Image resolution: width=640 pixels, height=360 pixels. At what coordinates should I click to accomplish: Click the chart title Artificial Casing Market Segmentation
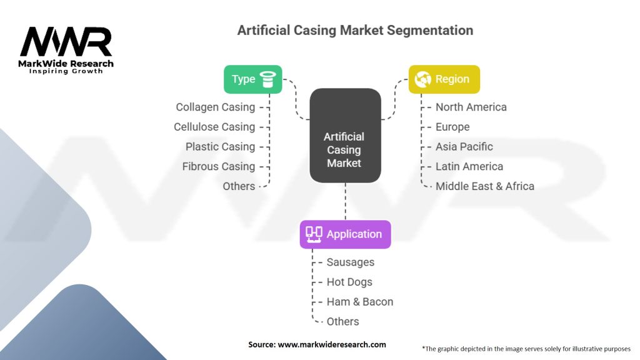[x=355, y=30]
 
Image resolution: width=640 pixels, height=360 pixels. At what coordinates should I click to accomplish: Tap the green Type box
[x=252, y=79]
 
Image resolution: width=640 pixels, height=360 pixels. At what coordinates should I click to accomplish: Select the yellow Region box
[x=444, y=79]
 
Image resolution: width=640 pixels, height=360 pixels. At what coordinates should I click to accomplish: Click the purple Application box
[x=345, y=234]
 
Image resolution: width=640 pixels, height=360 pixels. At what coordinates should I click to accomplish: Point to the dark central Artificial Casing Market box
[x=345, y=136]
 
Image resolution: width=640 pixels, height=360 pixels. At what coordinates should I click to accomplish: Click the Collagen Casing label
[x=215, y=107]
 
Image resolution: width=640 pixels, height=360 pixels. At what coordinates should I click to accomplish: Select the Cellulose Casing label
[x=214, y=127]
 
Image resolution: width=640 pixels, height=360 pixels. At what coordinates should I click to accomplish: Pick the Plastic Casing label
[x=220, y=147]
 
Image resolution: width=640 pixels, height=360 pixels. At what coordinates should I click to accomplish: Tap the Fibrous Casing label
[x=219, y=167]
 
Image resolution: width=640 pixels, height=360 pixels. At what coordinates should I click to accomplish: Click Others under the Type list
[x=239, y=186]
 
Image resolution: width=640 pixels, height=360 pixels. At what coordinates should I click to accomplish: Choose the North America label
[x=471, y=107]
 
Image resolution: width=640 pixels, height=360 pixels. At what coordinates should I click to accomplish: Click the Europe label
[x=452, y=127]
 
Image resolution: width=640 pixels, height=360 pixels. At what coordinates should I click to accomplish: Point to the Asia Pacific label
[x=464, y=147]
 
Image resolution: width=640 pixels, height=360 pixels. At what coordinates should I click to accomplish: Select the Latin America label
[x=469, y=167]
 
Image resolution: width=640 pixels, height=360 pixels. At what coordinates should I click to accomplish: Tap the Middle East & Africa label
[x=485, y=186]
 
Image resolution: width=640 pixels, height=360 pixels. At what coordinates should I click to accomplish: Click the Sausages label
[x=351, y=262]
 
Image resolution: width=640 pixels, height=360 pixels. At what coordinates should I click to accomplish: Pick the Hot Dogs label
[x=349, y=282]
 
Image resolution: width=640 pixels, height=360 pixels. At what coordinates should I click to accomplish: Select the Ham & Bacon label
[x=360, y=302]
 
